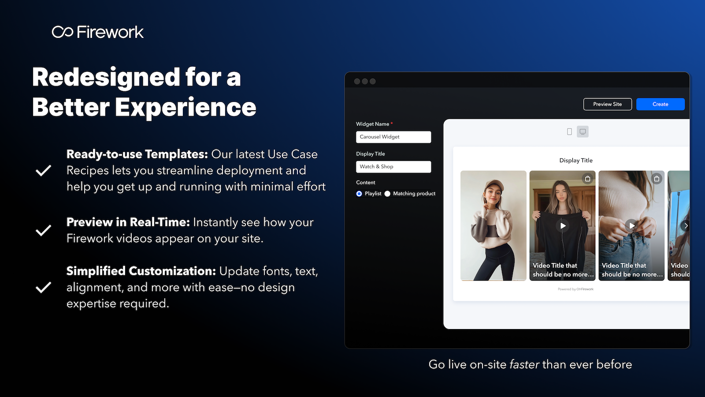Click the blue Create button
click(660, 104)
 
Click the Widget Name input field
click(393, 137)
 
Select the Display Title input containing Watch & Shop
click(393, 167)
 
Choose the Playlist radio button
click(359, 194)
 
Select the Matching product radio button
click(387, 194)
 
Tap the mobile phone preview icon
click(569, 132)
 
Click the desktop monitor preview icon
click(583, 131)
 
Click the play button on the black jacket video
click(563, 225)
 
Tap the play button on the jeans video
click(632, 225)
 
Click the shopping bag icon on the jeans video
click(657, 179)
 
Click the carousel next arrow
click(686, 225)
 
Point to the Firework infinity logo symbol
click(63, 32)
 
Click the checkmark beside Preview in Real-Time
click(43, 230)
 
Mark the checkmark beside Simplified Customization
click(43, 287)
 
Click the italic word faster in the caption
click(524, 364)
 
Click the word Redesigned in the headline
click(106, 78)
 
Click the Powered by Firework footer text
click(575, 289)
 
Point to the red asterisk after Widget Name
click(392, 123)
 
